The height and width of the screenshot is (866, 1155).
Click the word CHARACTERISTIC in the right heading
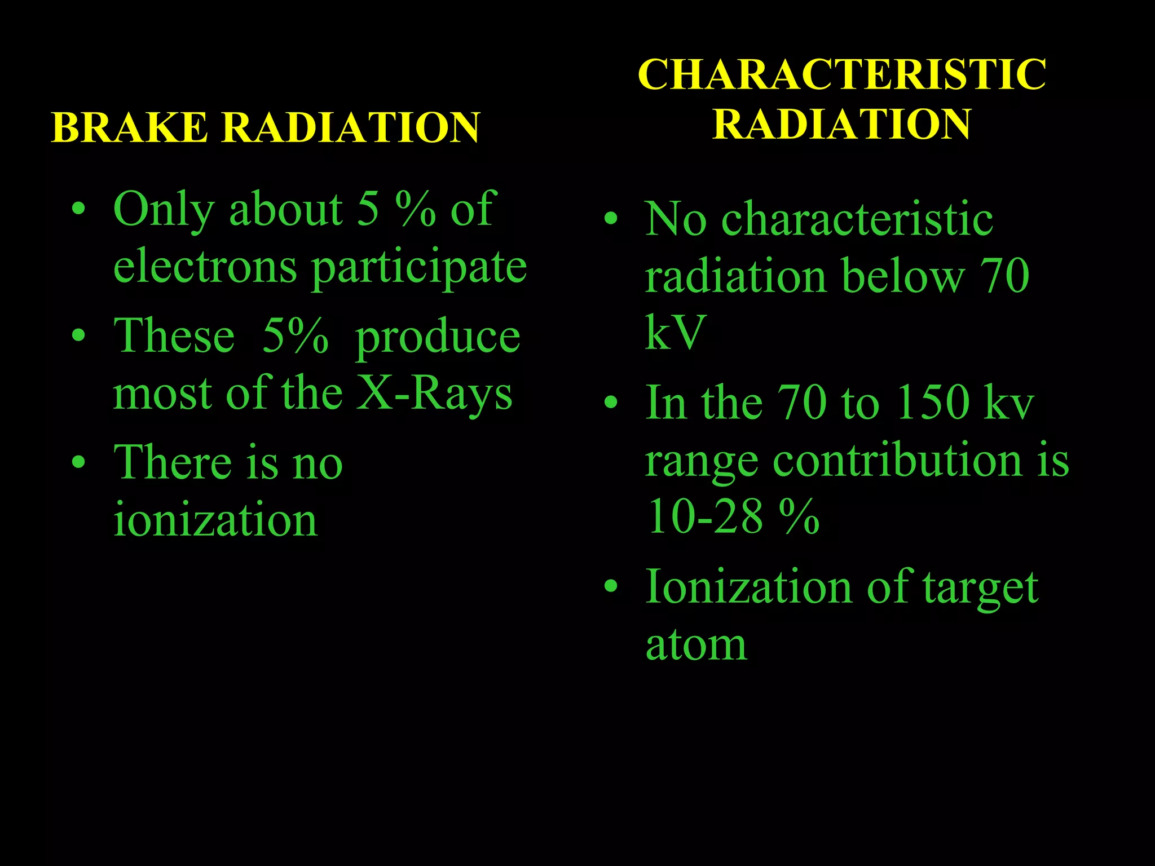[842, 75]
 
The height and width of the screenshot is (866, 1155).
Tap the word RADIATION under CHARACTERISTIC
[842, 124]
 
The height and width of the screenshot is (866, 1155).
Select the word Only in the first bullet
[164, 210]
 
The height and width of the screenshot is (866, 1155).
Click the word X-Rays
[435, 394]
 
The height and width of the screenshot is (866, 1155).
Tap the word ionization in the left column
[215, 519]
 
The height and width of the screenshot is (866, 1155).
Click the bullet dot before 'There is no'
[79, 463]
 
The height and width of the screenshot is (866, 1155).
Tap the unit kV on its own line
[675, 333]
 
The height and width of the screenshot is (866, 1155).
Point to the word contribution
[897, 461]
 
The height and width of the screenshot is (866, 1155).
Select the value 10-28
[705, 516]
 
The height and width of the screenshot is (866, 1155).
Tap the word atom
[696, 645]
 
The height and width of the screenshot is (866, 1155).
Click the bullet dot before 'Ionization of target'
[611, 586]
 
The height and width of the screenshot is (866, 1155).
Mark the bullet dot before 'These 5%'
[79, 336]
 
